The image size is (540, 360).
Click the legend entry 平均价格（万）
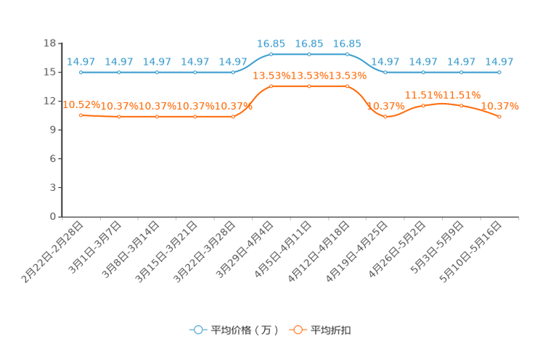(x=234, y=330)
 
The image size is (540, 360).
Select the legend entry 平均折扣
(x=320, y=330)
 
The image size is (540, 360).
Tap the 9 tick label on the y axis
(x=53, y=130)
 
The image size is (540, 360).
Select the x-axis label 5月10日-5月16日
(x=470, y=252)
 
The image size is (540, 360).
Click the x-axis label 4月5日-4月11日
(x=283, y=250)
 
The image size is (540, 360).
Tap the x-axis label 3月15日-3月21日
(x=166, y=252)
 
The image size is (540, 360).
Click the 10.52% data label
(x=81, y=105)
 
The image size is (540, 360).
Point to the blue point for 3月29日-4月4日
(x=271, y=54)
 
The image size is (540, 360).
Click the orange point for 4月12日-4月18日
(x=347, y=86)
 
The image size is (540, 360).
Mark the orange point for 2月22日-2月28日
(x=81, y=115)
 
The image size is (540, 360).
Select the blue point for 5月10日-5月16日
(x=499, y=73)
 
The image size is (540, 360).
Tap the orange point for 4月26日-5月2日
(x=423, y=106)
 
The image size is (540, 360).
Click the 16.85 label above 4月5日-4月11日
(x=309, y=44)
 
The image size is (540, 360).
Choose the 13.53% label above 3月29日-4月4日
(x=271, y=75)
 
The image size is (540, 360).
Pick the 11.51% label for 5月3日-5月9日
(x=462, y=95)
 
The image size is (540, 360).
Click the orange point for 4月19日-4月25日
(x=385, y=117)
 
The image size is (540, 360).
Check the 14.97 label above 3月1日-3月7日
(x=119, y=62)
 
